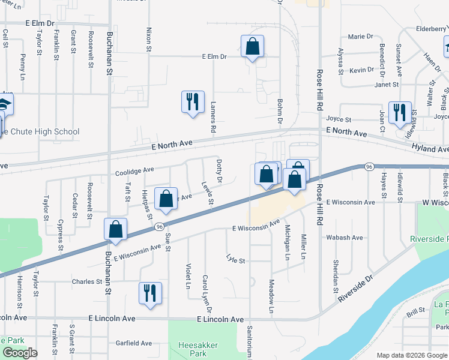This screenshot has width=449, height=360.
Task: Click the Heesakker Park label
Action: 197,349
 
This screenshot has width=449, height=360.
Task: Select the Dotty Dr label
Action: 220,171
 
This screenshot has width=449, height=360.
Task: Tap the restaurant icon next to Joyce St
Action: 399,112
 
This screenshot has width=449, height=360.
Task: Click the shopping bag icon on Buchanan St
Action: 115,229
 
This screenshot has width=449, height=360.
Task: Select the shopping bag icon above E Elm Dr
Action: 252,46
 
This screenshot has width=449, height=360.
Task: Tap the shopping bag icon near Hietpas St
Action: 166,199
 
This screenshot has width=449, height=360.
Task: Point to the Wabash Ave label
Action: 345,238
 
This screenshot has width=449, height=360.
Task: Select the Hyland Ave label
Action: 430,148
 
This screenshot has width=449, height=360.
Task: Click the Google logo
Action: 19,353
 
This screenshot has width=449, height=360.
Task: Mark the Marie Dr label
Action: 360,37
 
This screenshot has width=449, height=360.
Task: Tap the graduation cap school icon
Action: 5,106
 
